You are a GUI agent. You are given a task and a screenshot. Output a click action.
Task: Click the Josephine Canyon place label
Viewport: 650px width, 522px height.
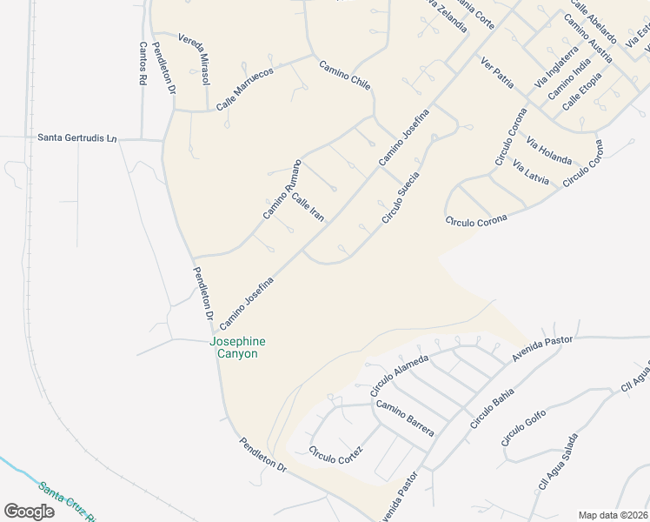(x=237, y=347)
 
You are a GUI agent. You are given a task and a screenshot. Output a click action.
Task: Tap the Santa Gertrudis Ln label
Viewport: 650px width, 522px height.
(x=76, y=137)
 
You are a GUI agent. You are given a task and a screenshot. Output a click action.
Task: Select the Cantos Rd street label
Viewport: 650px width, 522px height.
(x=142, y=64)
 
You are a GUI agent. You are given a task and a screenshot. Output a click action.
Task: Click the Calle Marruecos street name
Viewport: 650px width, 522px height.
(x=245, y=88)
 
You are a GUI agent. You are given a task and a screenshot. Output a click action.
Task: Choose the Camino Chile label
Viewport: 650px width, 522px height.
(x=345, y=76)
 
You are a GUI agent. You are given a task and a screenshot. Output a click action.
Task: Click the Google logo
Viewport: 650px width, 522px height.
(x=29, y=512)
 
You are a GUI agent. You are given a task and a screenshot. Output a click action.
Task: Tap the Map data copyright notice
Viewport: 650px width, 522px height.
(x=613, y=514)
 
